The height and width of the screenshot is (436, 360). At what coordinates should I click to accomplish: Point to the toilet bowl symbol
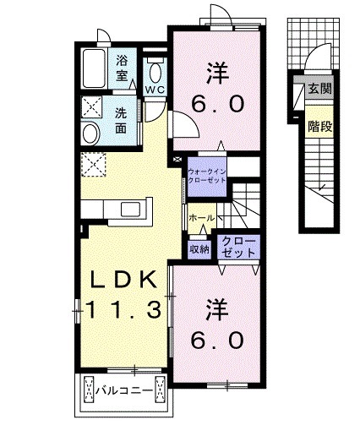(x=154, y=69)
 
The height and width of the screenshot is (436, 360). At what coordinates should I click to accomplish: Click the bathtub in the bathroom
(x=95, y=68)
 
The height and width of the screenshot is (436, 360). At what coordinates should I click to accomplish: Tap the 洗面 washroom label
(x=121, y=120)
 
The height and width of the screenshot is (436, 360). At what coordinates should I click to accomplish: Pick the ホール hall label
(x=201, y=218)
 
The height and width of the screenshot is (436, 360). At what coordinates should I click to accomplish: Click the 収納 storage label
(x=199, y=248)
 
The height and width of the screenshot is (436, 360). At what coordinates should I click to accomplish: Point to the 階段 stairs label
(x=318, y=127)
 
